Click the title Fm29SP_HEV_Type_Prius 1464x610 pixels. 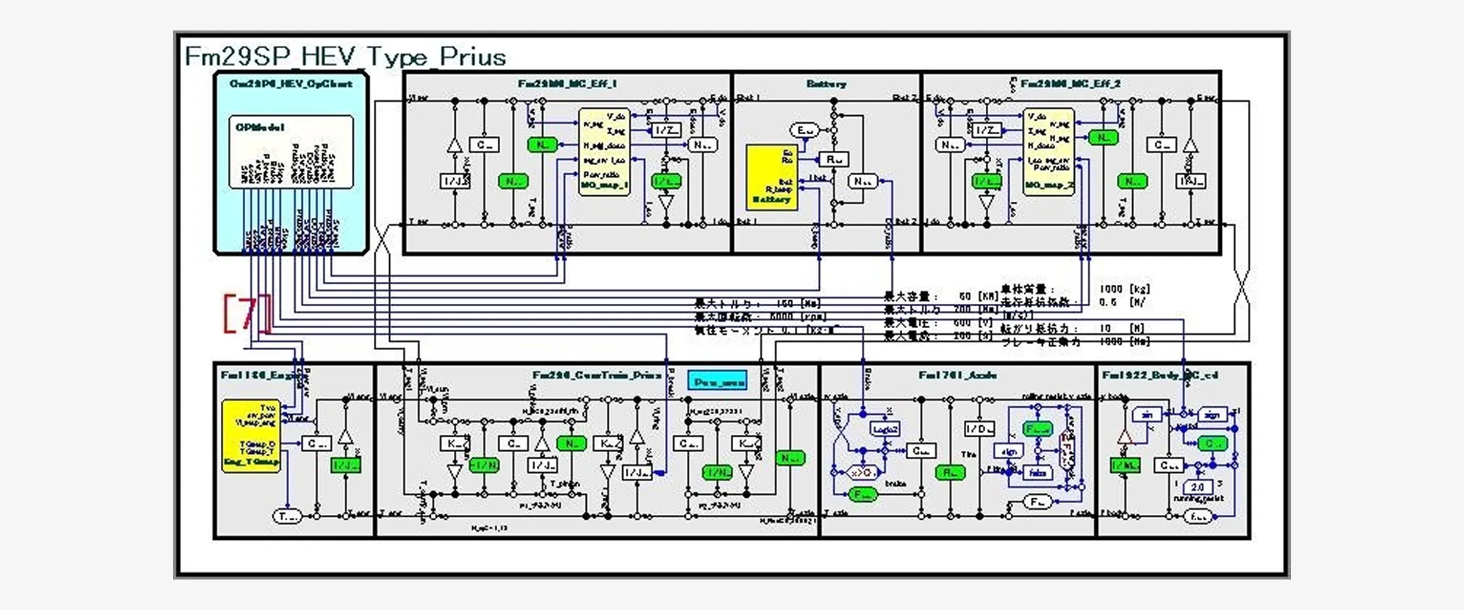click(x=345, y=57)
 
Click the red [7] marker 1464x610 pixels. click(x=246, y=314)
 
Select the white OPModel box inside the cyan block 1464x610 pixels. click(x=291, y=151)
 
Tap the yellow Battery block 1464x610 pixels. click(x=772, y=178)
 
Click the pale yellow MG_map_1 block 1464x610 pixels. click(x=604, y=152)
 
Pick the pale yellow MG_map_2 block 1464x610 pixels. click(x=1049, y=152)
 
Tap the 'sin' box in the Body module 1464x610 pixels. click(x=1147, y=415)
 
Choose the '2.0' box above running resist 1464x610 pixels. click(x=1197, y=487)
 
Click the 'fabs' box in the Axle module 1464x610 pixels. click(x=1037, y=473)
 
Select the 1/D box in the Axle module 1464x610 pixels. click(x=979, y=429)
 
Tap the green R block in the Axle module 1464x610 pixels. click(x=950, y=472)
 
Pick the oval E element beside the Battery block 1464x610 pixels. click(x=805, y=130)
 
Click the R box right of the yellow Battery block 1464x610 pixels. click(x=833, y=159)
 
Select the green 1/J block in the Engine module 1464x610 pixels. click(x=345, y=465)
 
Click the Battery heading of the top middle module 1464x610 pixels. click(x=826, y=84)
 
